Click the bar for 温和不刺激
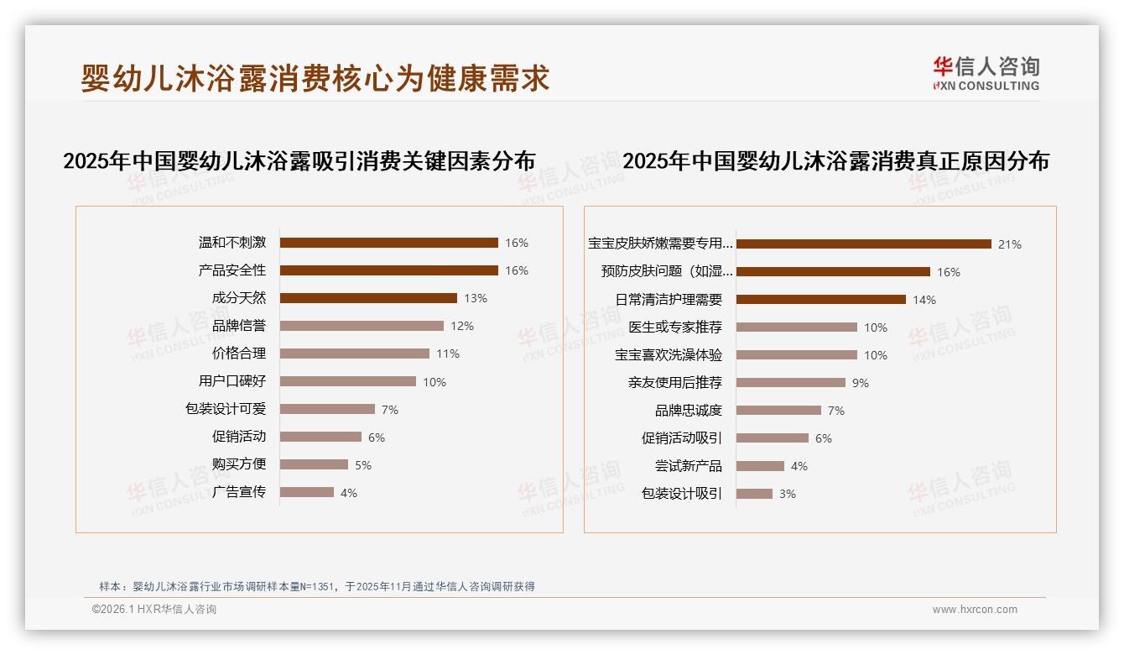[x=388, y=243]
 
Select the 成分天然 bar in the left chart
[x=368, y=298]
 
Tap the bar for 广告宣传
[x=306, y=492]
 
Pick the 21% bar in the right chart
[x=863, y=244]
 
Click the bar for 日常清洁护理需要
[x=820, y=300]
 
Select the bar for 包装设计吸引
[x=754, y=494]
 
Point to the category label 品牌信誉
[x=238, y=326]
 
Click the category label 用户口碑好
[x=232, y=381]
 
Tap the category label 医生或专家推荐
[x=674, y=327]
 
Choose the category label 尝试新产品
[x=688, y=466]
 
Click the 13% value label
[x=476, y=298]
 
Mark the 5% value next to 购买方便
[x=363, y=465]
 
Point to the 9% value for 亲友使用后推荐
[x=860, y=383]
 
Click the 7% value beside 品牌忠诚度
[x=835, y=411]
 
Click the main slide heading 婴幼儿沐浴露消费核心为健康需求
[x=315, y=78]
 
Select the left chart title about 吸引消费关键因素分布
[x=299, y=160]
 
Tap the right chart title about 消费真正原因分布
[x=835, y=160]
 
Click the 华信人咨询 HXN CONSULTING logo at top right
[x=986, y=73]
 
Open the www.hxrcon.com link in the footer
[x=975, y=610]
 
